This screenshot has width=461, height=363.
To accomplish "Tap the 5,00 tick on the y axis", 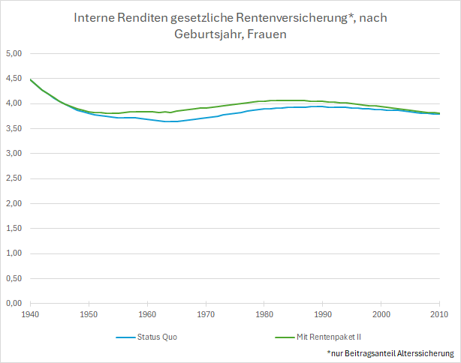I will pos(14,53).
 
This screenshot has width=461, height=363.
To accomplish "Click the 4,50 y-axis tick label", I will pos(14,79).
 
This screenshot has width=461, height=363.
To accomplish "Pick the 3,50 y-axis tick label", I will pos(14,128).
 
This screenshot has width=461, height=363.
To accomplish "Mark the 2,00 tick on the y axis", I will pos(14,203).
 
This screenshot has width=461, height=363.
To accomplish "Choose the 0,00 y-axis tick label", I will pos(14,303).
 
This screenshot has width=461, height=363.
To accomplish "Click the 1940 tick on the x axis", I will pos(31,313).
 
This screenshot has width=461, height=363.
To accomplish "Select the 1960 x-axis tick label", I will pos(147,313).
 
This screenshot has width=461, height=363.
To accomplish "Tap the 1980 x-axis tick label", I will pos(264,313).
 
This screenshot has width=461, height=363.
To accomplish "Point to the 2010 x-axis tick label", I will pos(438,313).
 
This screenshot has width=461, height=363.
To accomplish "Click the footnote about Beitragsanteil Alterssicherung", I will pos(390,352).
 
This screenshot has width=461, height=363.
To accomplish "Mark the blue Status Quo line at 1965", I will pos(176,121).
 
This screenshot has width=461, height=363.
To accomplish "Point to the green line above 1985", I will pos(294,100).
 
